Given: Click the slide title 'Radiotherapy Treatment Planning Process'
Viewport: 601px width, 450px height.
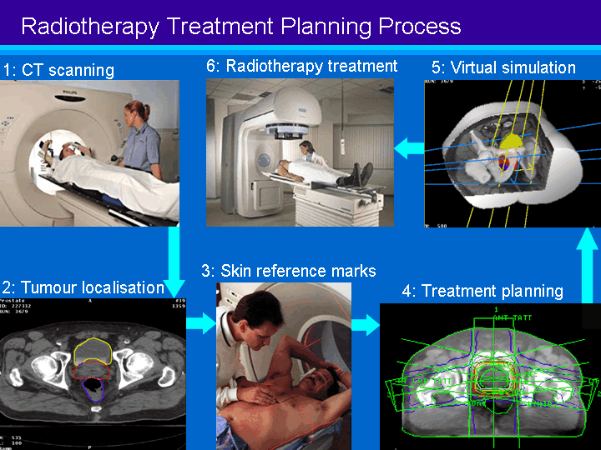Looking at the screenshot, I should coord(240,26).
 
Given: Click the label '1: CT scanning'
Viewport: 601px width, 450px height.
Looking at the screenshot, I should coord(58,70).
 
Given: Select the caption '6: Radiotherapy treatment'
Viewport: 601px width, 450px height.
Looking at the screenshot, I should coord(301,65).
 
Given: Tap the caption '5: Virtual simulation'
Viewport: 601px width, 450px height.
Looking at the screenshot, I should coord(503,67).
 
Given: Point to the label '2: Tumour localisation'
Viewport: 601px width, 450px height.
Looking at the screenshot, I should coord(83,287).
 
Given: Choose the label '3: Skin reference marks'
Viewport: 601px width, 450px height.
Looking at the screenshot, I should coord(288,271).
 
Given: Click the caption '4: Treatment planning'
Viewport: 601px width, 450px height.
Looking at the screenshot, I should coord(482,291).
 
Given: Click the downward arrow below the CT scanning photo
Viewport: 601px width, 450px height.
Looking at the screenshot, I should coord(174,254).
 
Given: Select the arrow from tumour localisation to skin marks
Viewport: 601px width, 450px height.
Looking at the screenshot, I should coord(200,323).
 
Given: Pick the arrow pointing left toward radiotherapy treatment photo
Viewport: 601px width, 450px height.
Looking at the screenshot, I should coord(409,148).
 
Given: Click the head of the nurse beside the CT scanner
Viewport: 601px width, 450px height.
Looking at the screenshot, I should coord(135,109).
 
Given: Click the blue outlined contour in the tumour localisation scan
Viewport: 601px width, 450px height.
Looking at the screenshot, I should coord(93,388).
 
